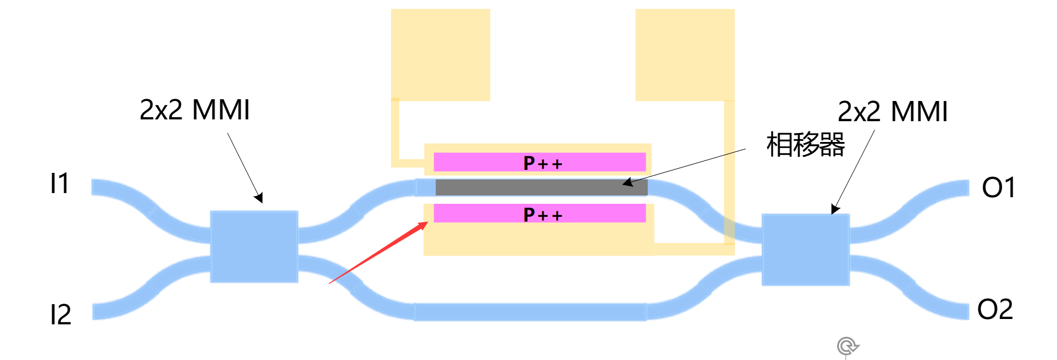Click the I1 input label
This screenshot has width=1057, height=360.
coord(59,184)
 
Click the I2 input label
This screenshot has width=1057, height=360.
coord(61,314)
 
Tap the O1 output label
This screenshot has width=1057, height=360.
coord(998,188)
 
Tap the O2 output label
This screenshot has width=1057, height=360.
coord(995,310)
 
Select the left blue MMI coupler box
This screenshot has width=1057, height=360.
coord(254,246)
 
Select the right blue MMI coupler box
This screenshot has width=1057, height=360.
coord(806,250)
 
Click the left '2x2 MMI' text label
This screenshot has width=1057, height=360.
coord(194,110)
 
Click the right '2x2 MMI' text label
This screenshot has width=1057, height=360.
coord(892,112)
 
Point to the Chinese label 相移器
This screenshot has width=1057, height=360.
coord(805,144)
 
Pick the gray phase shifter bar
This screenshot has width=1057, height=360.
coord(541,188)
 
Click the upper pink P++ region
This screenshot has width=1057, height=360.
coord(539,162)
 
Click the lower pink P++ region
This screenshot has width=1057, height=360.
coord(539,214)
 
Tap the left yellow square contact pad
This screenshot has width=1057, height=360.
coord(440,55)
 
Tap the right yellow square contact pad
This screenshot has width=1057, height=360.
coord(684,55)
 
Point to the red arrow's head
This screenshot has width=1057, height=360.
coord(424,225)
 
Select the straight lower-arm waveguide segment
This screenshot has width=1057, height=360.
coord(530,312)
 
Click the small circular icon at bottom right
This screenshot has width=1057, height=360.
coord(847,346)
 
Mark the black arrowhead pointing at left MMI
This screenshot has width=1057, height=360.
coord(259,199)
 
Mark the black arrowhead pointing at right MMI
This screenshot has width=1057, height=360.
coord(834,210)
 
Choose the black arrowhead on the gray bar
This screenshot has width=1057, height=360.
coord(627,183)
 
